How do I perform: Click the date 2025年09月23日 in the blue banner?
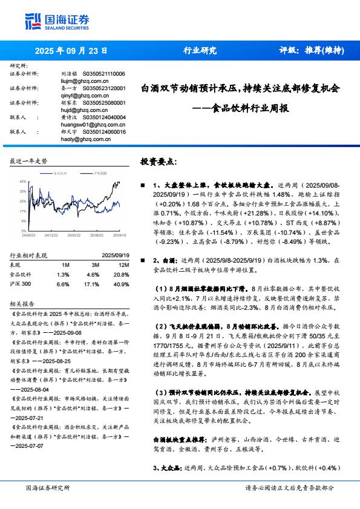[x=71, y=51]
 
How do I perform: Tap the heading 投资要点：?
[x=159, y=162]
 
